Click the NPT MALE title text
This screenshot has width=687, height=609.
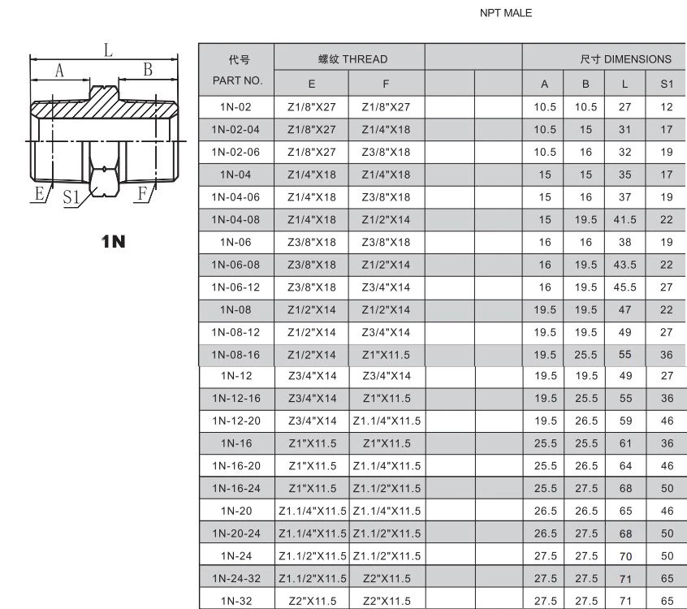(506, 13)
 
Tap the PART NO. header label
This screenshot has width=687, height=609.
(237, 80)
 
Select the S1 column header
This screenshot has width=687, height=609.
(667, 84)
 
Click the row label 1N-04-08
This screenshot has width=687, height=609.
(235, 219)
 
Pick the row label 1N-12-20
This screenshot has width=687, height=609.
(236, 421)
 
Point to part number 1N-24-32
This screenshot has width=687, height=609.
(236, 578)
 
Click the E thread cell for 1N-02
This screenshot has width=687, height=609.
(312, 107)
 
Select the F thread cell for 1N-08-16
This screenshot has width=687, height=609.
(386, 355)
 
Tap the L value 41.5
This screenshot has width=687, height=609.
(624, 219)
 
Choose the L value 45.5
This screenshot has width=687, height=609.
(624, 287)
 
